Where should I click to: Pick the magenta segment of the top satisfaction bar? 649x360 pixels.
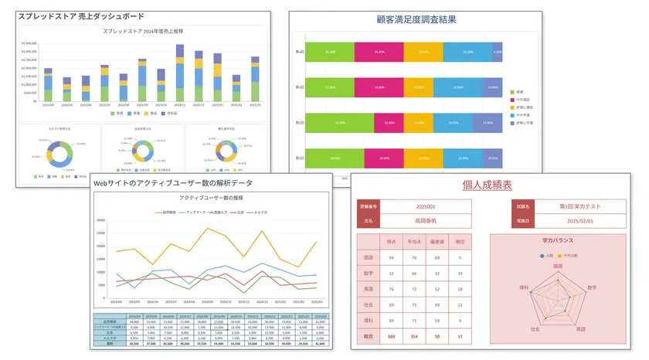[379, 52]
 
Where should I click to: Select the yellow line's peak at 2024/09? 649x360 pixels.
[206, 229]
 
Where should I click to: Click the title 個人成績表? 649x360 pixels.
[487, 185]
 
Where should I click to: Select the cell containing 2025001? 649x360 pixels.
[426, 206]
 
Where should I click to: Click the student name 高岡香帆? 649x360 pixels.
[426, 220]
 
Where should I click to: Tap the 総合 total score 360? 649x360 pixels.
[392, 336]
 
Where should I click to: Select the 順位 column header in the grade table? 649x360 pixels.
[460, 241]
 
